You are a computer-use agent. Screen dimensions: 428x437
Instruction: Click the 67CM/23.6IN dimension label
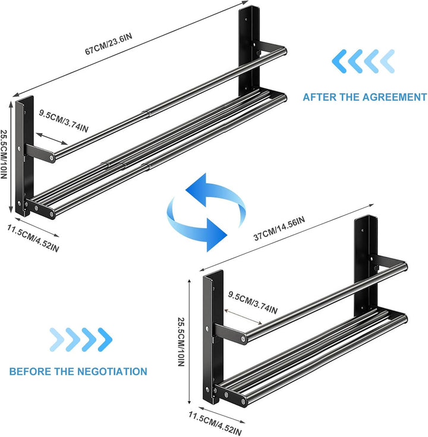click(109, 44)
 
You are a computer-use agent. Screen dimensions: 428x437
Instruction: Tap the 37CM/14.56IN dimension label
click(279, 228)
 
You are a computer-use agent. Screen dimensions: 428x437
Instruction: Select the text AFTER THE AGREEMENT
click(364, 97)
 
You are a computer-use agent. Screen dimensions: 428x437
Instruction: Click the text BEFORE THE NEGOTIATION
click(78, 372)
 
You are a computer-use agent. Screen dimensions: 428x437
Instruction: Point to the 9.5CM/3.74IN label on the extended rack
click(64, 121)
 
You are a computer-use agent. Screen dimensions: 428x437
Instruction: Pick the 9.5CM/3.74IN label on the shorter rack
click(253, 303)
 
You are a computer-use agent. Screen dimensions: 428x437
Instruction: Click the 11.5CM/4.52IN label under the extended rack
click(33, 238)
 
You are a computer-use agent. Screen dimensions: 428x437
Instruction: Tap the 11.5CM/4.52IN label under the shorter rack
click(215, 423)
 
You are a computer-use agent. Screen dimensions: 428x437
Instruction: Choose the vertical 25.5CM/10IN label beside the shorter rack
click(181, 342)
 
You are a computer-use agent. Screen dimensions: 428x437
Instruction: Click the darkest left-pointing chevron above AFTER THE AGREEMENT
click(339, 61)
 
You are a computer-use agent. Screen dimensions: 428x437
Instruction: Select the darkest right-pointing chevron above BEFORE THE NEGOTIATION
click(105, 339)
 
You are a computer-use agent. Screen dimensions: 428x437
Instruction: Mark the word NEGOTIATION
click(112, 372)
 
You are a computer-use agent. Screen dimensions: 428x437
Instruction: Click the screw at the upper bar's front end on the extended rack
click(52, 158)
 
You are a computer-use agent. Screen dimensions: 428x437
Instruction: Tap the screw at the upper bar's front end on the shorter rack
click(244, 339)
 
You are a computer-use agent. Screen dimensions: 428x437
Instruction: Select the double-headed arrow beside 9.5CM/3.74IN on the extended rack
click(52, 139)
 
